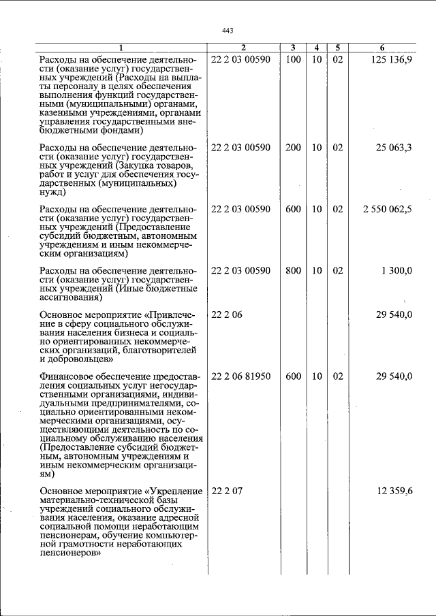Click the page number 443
point(228,31)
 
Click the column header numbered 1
point(121,48)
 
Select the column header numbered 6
point(382,48)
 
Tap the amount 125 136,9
point(391,60)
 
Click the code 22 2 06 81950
point(241,376)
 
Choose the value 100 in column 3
point(293,60)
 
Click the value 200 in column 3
point(293,148)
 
